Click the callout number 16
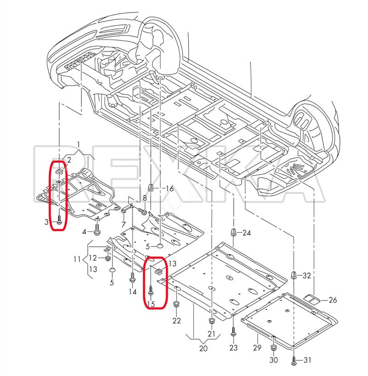(170, 188)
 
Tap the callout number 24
(247, 233)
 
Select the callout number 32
(306, 275)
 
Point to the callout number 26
(333, 300)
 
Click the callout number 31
(307, 360)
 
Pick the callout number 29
(257, 347)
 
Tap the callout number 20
(203, 348)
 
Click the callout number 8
(145, 198)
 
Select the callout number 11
(77, 259)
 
